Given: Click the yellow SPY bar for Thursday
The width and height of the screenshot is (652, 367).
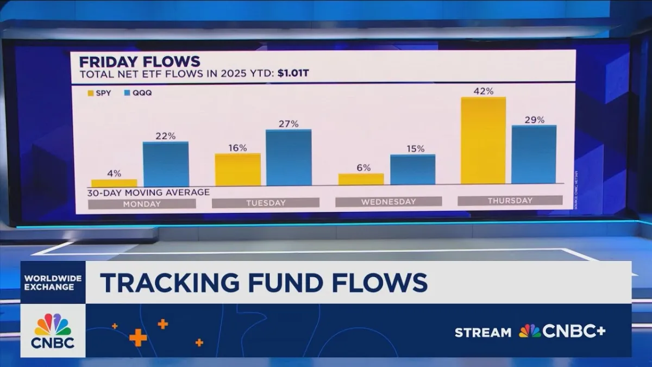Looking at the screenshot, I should [x=483, y=141].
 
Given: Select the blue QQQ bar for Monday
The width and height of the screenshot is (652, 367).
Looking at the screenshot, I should [x=166, y=164].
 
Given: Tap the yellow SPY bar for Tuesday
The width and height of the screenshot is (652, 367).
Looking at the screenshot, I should [x=237, y=170].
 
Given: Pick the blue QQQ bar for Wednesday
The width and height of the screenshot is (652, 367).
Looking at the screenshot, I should [x=412, y=170].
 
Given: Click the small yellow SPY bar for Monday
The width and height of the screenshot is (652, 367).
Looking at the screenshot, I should [x=114, y=183].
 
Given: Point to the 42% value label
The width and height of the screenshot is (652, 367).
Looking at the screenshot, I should [x=483, y=91].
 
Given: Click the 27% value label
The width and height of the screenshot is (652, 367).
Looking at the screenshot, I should [x=289, y=123].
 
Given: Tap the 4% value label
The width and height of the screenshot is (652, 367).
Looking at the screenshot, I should [x=114, y=173].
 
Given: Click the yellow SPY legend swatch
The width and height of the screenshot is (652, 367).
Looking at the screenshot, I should [x=91, y=93].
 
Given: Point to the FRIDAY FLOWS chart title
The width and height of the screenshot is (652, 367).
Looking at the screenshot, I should [x=140, y=61].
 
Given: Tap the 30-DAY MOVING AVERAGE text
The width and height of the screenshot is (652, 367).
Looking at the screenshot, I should [x=148, y=192].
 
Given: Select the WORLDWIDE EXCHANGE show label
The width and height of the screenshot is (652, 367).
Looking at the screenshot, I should [x=53, y=282].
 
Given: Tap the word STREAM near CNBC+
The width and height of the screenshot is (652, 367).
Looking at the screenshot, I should [x=483, y=332].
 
